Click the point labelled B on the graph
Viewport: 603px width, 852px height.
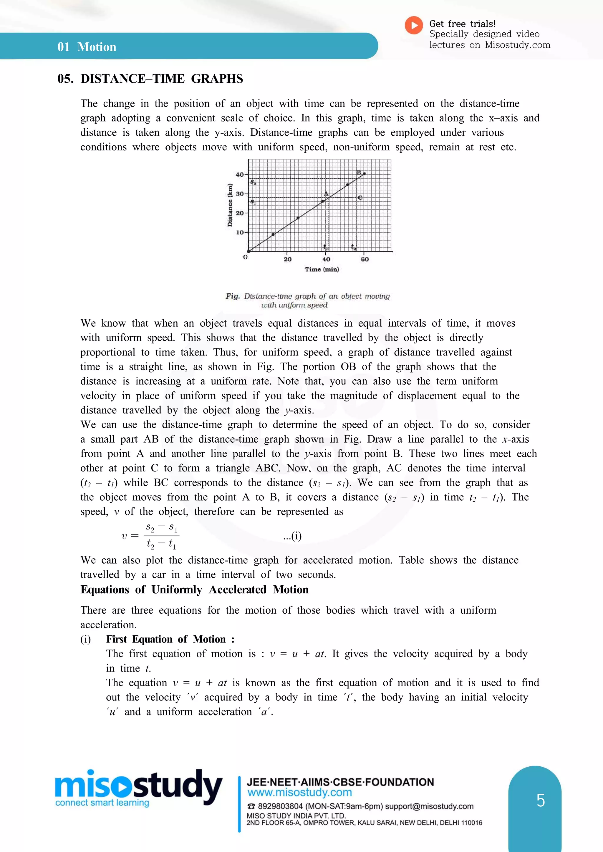(x=364, y=174)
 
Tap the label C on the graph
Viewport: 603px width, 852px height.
(x=360, y=198)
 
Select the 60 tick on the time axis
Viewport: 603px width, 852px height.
(x=365, y=259)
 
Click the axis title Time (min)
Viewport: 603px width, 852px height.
(x=322, y=269)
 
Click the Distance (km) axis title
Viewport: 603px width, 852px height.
(x=230, y=205)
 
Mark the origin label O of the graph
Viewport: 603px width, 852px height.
(x=245, y=257)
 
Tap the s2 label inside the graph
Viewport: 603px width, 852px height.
(x=253, y=182)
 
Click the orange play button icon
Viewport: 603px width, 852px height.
(x=414, y=26)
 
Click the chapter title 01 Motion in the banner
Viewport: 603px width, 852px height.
(x=87, y=47)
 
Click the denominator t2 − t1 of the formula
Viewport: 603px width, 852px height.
(x=161, y=544)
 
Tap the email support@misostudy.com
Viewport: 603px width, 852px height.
(x=429, y=806)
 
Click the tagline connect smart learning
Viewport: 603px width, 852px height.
(x=102, y=803)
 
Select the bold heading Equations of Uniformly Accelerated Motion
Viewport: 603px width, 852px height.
(x=195, y=590)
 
